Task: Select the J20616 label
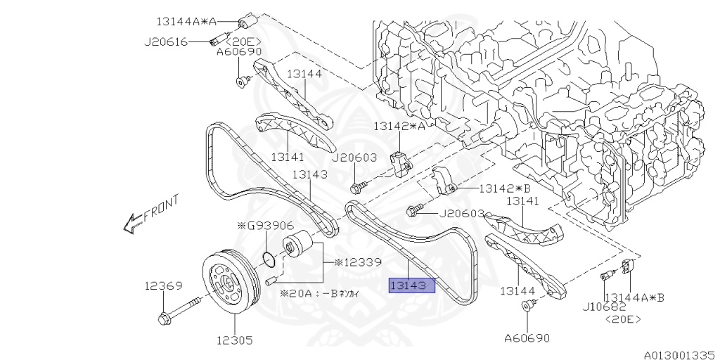(166, 41)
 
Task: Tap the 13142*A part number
(399, 127)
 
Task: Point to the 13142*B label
(503, 188)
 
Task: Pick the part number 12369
(164, 286)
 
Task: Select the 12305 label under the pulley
(234, 340)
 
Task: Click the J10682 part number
(603, 307)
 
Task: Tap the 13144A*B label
(634, 297)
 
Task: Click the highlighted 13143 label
(413, 285)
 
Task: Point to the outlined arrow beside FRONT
(132, 224)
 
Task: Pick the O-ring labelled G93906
(267, 258)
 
